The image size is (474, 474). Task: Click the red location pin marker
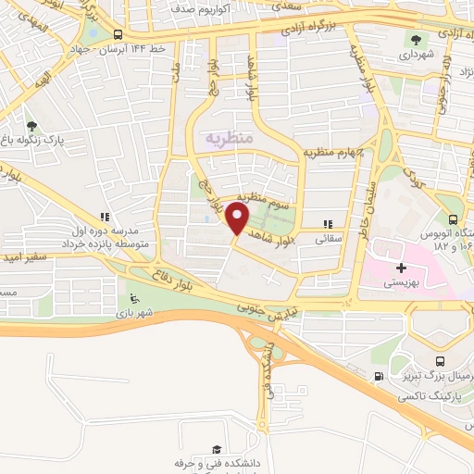tap(237, 218)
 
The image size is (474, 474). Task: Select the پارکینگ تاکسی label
tap(428, 396)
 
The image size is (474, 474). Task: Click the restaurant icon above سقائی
tap(327, 223)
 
